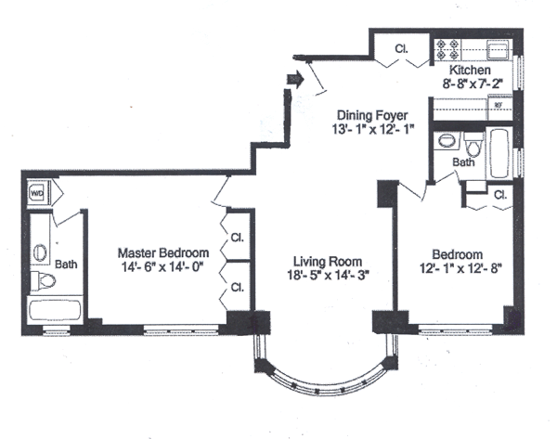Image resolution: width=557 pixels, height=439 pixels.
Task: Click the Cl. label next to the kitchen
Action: click(x=402, y=48)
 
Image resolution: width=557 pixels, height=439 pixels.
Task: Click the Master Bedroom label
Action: click(x=162, y=252)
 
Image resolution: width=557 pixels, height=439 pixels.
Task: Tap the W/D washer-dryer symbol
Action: click(x=39, y=194)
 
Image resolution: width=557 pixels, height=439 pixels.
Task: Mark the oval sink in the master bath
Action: click(x=40, y=251)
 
